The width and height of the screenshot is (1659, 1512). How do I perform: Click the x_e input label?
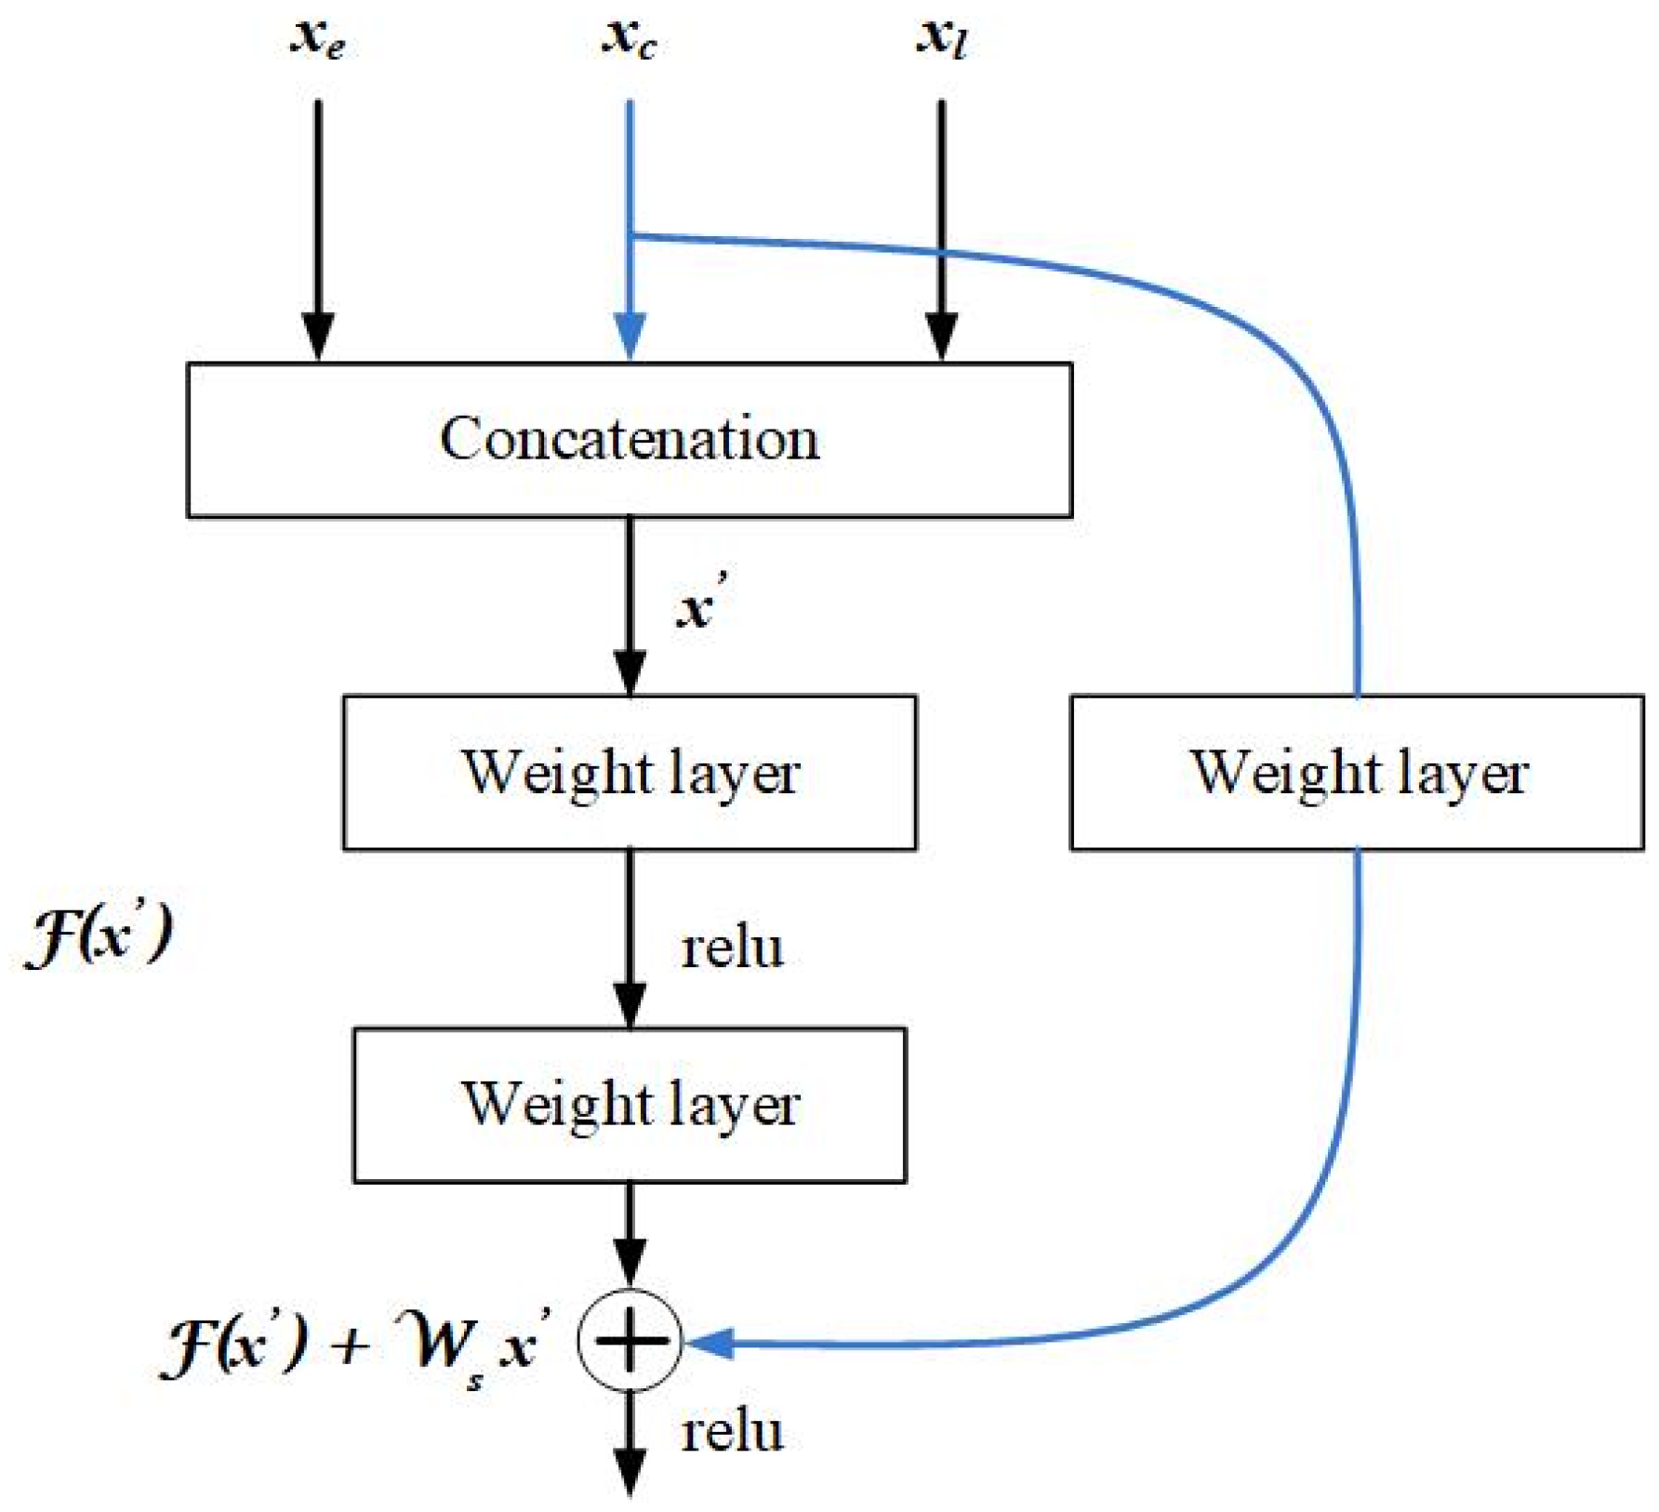pos(318,39)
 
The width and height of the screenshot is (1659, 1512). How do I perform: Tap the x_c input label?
pos(630,39)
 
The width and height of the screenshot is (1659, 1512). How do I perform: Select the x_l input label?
pos(941,39)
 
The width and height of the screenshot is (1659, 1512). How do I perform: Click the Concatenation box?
pos(630,440)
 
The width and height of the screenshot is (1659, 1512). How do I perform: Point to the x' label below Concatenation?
pos(699,607)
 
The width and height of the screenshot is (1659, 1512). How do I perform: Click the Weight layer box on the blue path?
pos(1357,773)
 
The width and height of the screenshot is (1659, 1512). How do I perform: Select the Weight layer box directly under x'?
pos(630,773)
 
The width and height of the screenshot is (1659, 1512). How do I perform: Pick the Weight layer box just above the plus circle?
pos(630,1105)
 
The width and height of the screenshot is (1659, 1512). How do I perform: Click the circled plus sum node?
pos(630,1341)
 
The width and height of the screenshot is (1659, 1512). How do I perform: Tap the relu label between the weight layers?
pos(732,949)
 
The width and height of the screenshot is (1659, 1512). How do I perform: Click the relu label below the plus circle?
pos(732,1432)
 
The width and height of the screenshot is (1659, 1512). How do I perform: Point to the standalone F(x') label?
pos(99,935)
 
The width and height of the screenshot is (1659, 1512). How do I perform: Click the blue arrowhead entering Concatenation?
pos(630,337)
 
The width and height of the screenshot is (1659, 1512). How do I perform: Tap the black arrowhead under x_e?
pos(318,337)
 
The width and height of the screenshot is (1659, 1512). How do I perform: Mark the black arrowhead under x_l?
pos(941,337)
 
